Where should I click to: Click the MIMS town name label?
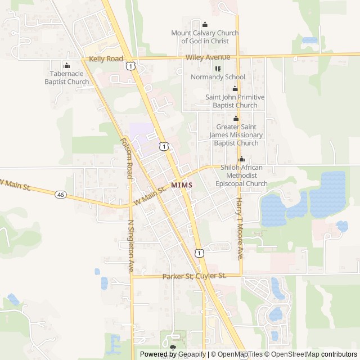182,185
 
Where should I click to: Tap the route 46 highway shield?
60,195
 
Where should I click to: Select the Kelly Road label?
105,58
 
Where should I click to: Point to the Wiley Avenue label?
208,57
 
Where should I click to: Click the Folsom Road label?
127,159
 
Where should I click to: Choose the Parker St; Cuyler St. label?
194,276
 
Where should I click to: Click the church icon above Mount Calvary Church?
205,24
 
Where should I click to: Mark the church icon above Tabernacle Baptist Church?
66,65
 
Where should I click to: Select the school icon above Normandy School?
218,69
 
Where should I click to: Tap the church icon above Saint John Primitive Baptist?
235,89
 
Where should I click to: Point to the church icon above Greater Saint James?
236,119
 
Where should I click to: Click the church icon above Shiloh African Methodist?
241,159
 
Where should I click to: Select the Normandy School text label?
218,77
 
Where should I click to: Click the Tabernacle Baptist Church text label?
66,78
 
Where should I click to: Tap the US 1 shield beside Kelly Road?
130,66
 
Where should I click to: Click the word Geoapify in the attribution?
191,354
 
